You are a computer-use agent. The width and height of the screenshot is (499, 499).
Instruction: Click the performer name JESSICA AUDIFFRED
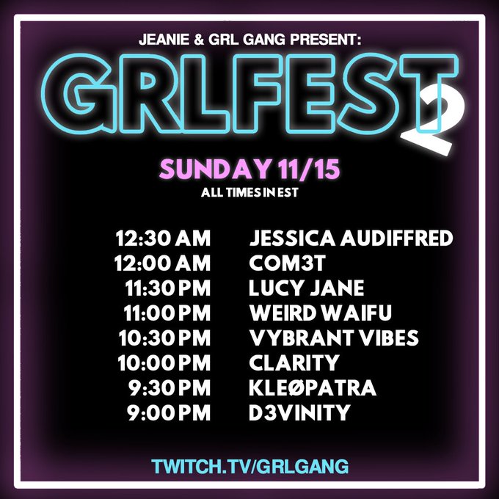352,238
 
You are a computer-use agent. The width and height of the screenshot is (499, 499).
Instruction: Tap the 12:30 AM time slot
164,238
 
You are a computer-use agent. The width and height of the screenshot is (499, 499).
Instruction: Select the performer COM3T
284,263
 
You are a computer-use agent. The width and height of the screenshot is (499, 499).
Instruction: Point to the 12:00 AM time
164,263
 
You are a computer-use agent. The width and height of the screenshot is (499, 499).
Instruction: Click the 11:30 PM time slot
168,288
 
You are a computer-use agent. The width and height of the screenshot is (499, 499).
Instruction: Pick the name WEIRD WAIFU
321,313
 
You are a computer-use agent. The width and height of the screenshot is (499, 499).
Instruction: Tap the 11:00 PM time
168,313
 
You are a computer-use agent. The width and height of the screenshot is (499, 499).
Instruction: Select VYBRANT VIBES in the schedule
334,338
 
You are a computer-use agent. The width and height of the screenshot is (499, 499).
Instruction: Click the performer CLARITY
294,363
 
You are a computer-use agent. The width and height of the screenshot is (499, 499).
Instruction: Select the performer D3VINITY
299,413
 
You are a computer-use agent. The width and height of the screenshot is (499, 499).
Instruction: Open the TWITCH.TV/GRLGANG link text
249,466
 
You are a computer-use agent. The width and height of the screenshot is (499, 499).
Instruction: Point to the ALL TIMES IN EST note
249,194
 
